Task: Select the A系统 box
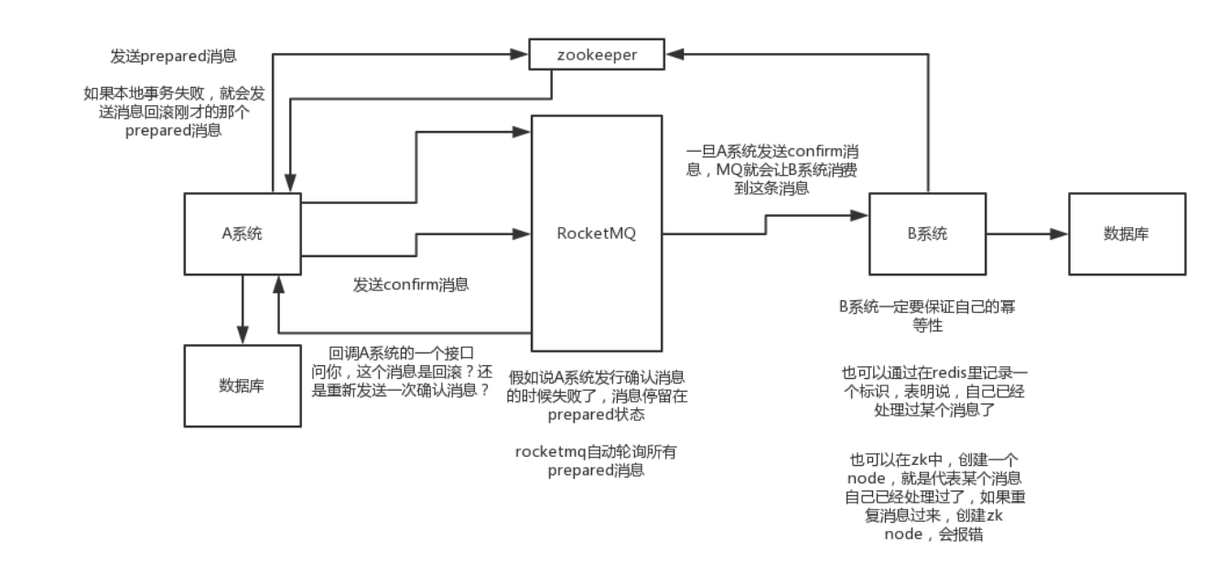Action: [x=242, y=233]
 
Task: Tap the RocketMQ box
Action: [x=597, y=233]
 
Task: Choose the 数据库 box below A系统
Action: [x=242, y=384]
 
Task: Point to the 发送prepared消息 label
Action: [x=173, y=56]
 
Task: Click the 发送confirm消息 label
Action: [x=411, y=284]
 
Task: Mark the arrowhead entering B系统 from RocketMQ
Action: [x=860, y=216]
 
